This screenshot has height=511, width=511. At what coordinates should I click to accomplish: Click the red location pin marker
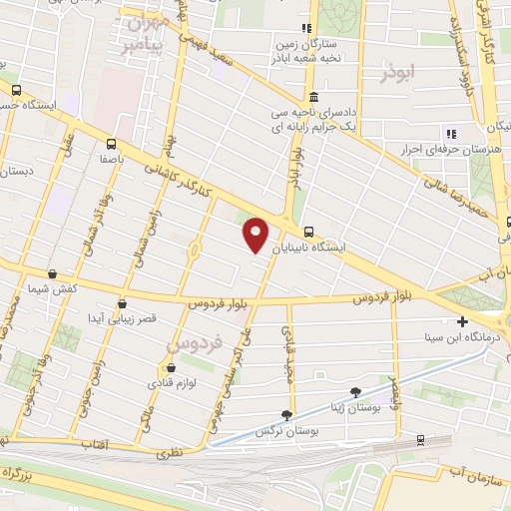[x=256, y=233]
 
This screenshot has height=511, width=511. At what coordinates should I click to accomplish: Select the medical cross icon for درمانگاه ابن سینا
[x=462, y=321]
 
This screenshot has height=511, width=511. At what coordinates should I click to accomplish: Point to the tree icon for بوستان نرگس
[x=287, y=414]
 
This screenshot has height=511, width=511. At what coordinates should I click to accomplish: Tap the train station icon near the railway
[x=420, y=439]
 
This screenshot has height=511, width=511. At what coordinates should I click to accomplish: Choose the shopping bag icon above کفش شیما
[x=51, y=273]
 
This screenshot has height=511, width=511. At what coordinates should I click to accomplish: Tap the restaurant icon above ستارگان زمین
[x=307, y=28]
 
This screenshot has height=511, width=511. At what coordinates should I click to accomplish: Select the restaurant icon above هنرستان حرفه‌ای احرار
[x=451, y=133]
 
